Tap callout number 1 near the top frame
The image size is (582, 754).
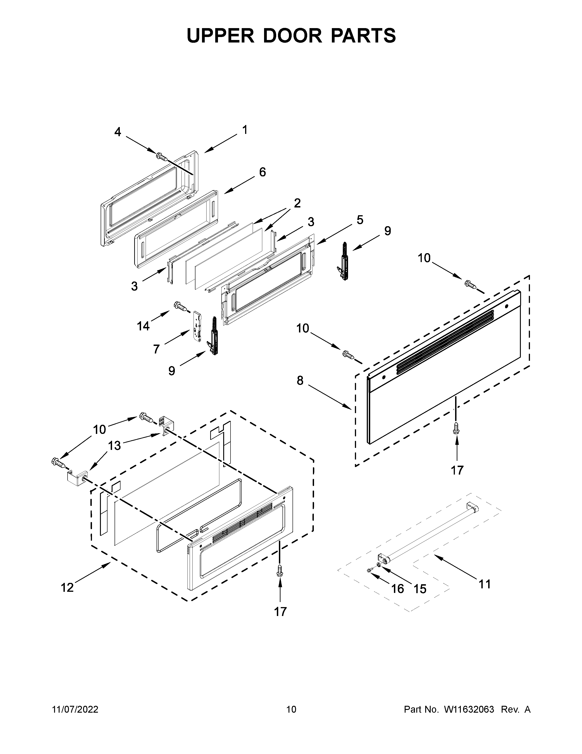pos(244,130)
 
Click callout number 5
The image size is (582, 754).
pos(360,220)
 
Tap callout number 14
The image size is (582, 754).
pos(143,326)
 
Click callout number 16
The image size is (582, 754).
pos(398,589)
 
